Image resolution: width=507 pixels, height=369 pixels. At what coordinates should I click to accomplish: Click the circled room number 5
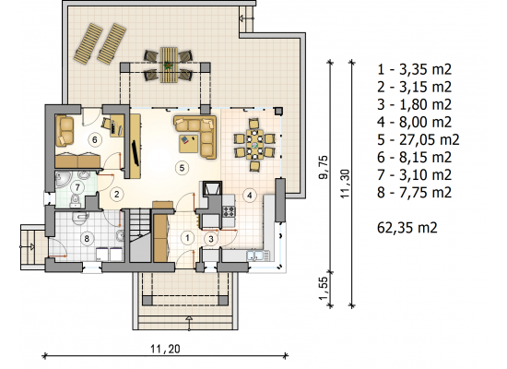[182, 168]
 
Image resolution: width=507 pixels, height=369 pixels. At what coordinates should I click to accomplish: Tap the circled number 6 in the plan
[95, 139]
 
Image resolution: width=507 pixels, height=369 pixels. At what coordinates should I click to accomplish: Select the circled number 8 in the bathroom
[87, 239]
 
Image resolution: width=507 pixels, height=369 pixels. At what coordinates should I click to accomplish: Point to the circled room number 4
[249, 196]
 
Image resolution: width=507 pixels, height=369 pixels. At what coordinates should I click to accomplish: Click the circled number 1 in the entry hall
[187, 238]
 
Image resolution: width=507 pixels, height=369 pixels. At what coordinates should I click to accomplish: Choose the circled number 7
[77, 187]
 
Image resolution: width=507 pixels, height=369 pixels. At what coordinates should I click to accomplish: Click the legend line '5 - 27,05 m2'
[419, 140]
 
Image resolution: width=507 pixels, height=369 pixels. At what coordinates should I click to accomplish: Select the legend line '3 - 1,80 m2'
[414, 104]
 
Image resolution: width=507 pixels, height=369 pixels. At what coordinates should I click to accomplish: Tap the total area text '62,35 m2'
[407, 228]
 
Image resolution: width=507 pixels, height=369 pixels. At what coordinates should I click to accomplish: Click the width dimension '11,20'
[165, 349]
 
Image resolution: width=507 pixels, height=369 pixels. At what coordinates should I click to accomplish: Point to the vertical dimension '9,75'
[324, 167]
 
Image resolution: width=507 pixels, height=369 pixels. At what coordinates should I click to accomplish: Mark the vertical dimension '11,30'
[346, 184]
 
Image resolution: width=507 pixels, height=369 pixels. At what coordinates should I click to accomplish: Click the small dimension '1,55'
[324, 289]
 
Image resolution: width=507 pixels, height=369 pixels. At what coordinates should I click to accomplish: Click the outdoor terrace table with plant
[169, 65]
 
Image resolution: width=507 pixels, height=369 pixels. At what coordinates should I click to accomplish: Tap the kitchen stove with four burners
[229, 211]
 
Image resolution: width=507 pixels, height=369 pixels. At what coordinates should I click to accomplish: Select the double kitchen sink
[258, 256]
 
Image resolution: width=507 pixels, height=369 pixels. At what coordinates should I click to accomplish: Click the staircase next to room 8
[140, 235]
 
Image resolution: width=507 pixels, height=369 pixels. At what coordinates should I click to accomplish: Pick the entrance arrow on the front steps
[189, 323]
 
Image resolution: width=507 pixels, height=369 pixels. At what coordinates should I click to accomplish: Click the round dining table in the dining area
[254, 144]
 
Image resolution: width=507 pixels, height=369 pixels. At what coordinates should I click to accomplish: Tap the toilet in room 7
[75, 201]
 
